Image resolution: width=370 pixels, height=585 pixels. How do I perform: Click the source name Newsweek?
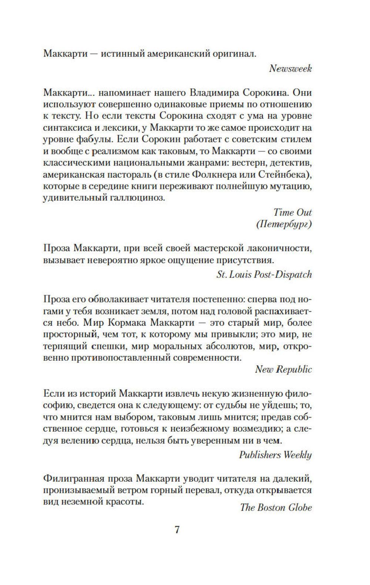290,68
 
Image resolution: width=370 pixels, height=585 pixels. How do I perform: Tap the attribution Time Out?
293,212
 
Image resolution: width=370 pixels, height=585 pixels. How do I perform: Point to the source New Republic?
284,370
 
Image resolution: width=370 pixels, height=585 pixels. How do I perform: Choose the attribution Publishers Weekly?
275,455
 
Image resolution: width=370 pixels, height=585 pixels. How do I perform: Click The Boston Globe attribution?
276,507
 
